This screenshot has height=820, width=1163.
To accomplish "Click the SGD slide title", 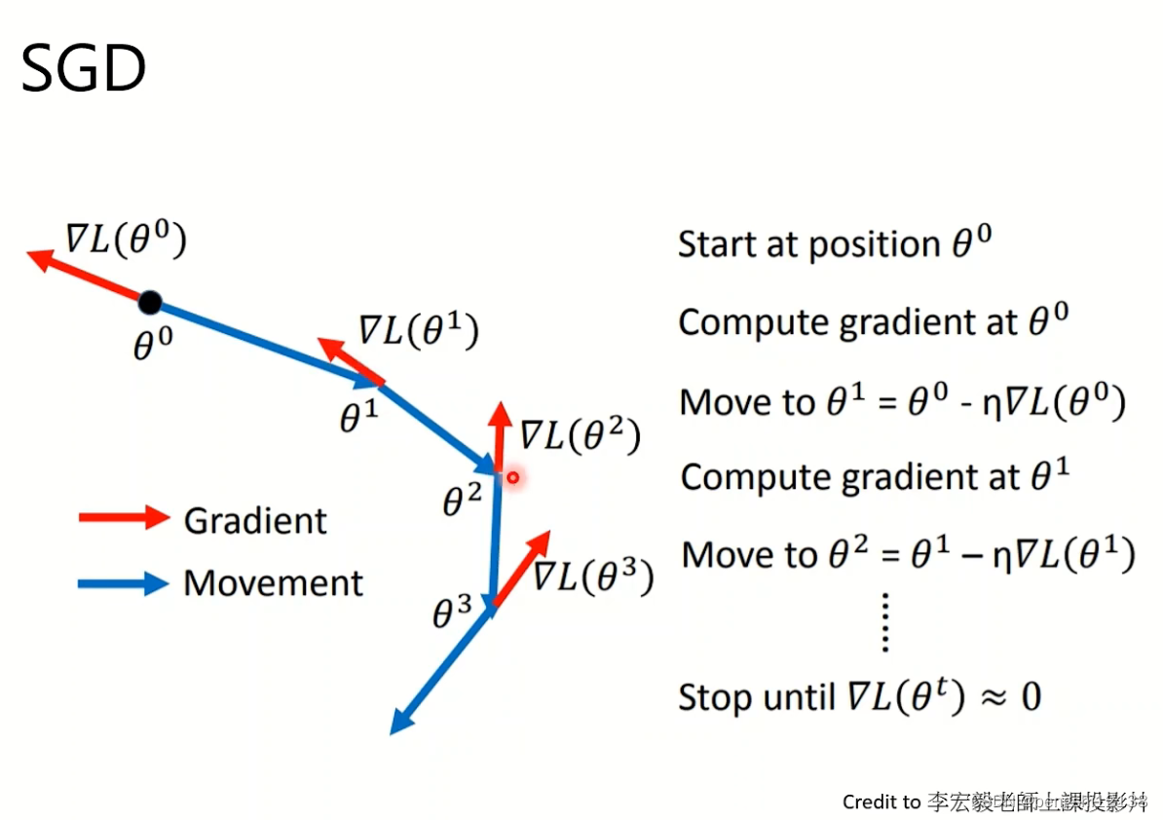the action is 84,70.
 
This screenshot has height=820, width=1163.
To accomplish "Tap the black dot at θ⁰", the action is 149,303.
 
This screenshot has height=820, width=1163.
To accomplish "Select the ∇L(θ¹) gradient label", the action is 419,331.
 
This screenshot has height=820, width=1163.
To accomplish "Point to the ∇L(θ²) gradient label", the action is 580,435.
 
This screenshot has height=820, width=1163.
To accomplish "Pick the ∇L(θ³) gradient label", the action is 592,577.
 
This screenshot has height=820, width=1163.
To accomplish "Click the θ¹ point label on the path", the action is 357,417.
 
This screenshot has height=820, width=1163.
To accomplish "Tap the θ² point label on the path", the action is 462,501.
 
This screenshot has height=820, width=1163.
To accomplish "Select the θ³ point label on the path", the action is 452,613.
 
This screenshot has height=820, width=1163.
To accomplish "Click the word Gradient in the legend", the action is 255,521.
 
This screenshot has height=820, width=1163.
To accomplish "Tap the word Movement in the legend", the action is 273,583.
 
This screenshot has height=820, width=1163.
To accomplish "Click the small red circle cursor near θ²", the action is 512,477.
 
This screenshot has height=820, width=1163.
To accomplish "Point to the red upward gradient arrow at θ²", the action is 501,435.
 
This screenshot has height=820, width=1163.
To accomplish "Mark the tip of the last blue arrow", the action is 394,730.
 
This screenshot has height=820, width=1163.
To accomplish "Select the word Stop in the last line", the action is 718,697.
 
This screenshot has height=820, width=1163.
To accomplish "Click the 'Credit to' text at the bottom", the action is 881,801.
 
